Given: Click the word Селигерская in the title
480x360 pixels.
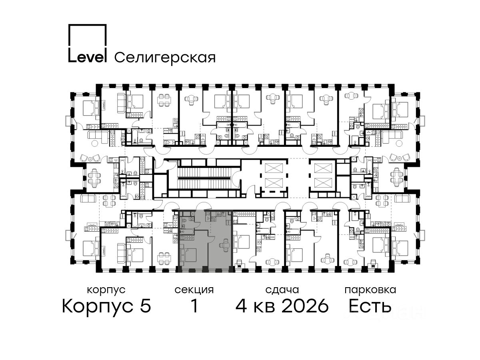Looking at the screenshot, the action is (x=165, y=58).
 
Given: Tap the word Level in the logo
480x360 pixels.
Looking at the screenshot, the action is (x=88, y=57).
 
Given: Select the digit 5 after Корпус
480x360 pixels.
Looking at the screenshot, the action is (x=146, y=306).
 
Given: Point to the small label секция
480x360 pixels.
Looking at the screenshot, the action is (x=194, y=290).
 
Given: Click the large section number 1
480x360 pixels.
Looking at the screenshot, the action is (x=194, y=306).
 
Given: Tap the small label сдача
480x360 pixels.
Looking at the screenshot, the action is (x=282, y=290).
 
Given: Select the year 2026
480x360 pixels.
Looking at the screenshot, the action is (x=305, y=306).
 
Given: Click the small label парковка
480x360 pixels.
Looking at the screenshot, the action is (x=370, y=290).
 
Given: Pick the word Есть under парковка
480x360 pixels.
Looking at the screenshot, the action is (x=370, y=306).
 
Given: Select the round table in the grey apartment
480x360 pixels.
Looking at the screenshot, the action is (x=224, y=245).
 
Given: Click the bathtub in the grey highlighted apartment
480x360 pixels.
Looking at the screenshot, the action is (x=186, y=232).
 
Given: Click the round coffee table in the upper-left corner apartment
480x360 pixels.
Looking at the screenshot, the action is (x=95, y=143).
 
